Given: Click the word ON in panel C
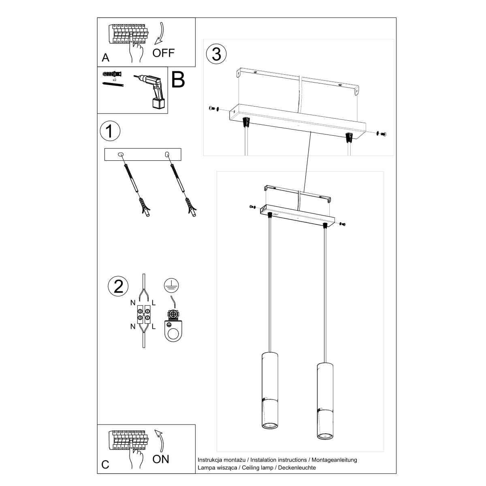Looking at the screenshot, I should click(x=161, y=459).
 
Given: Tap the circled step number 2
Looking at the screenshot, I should click(x=118, y=286).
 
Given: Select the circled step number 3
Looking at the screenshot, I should click(x=216, y=54).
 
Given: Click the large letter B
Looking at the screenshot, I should click(x=178, y=80).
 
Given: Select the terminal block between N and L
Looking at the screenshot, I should click(x=144, y=316).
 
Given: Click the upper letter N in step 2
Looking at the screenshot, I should click(x=133, y=302).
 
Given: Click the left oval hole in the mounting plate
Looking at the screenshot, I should click(x=120, y=154).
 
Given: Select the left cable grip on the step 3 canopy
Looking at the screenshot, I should click(x=245, y=122).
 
